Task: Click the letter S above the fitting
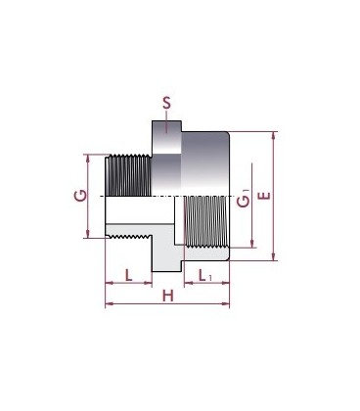(166, 103)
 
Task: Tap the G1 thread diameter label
(244, 199)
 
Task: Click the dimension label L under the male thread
(129, 275)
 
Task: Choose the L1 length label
(205, 276)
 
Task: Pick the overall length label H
(168, 297)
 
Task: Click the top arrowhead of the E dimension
(274, 135)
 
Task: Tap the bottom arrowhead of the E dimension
(274, 257)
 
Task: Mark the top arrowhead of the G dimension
(87, 159)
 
